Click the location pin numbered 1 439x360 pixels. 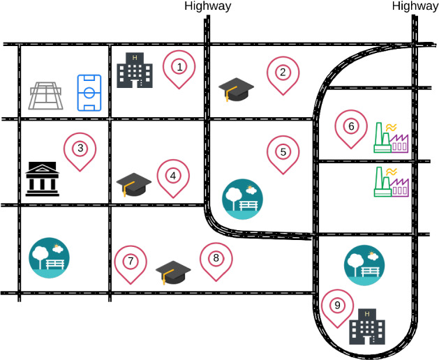click(179, 68)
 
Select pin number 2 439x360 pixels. click(283, 72)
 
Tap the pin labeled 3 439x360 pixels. click(80, 148)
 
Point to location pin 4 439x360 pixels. click(173, 175)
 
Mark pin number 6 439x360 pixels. click(351, 126)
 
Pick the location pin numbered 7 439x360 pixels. click(130, 262)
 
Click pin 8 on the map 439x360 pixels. click(216, 258)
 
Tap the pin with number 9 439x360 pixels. click(337, 305)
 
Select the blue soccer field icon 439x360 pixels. click(89, 93)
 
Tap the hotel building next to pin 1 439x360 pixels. click(135, 70)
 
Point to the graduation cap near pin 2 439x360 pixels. click(236, 89)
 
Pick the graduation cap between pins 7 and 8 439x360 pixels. click(172, 271)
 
